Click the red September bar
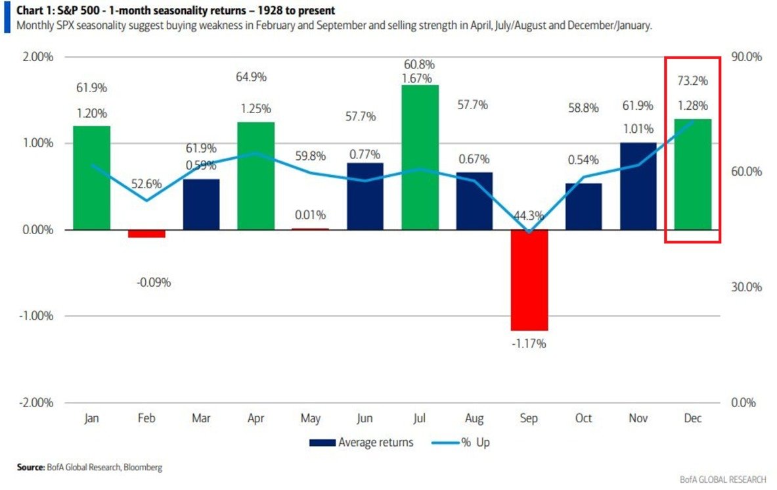point(529,280)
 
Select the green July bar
point(420,157)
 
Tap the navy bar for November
point(638,185)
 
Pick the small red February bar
point(146,233)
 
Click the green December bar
point(692,174)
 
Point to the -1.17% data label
point(529,343)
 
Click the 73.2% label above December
point(692,81)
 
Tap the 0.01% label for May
point(311,214)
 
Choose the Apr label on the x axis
point(255,418)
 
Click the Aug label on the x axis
point(474,418)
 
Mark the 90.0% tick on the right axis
point(747,57)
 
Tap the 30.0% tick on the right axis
point(747,287)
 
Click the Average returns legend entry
point(362,443)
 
